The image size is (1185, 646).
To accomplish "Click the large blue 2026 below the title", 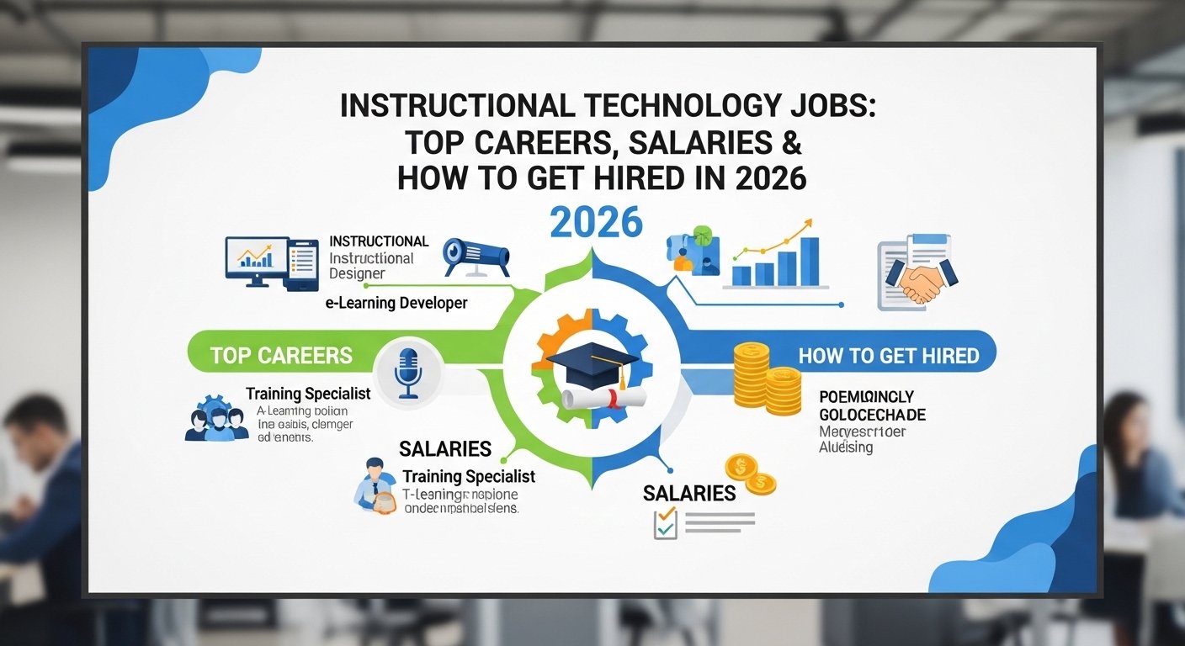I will (x=596, y=222).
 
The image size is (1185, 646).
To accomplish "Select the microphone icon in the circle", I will (x=408, y=371).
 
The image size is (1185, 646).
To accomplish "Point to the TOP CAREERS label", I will (x=281, y=355).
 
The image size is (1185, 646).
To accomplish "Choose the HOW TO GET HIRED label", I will (x=889, y=356).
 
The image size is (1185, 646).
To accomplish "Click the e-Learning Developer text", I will (x=396, y=303).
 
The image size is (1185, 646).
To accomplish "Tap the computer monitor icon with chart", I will (x=252, y=257).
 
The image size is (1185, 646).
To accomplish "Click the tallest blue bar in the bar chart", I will (x=809, y=261).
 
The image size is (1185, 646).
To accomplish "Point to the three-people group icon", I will (x=216, y=418).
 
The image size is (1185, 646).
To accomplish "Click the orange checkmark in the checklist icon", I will (x=667, y=513).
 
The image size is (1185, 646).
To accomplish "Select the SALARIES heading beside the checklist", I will (x=689, y=493).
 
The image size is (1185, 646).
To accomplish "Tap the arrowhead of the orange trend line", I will (x=808, y=224).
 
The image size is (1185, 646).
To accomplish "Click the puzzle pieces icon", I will (x=692, y=251).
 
